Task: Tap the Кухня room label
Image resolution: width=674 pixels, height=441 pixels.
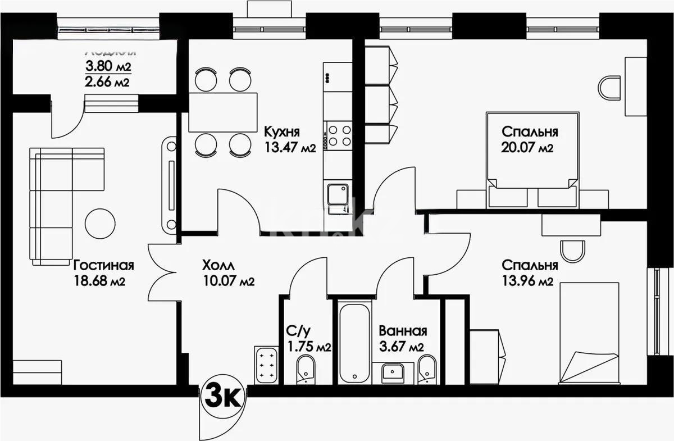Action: click(281, 132)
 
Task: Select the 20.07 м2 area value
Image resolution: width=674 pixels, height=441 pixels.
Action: click(527, 148)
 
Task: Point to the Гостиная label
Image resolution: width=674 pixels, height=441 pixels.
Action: click(103, 265)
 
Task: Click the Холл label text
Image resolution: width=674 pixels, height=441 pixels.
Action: click(218, 265)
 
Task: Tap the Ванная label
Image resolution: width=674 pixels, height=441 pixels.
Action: click(403, 331)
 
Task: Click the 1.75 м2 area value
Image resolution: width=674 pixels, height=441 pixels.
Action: click(308, 347)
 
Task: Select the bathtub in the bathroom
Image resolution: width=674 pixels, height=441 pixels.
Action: click(354, 342)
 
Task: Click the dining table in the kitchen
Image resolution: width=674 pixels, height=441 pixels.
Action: click(223, 112)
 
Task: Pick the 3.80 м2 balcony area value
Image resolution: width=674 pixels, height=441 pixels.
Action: click(108, 67)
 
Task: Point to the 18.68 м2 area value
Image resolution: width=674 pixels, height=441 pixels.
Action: click(99, 281)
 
